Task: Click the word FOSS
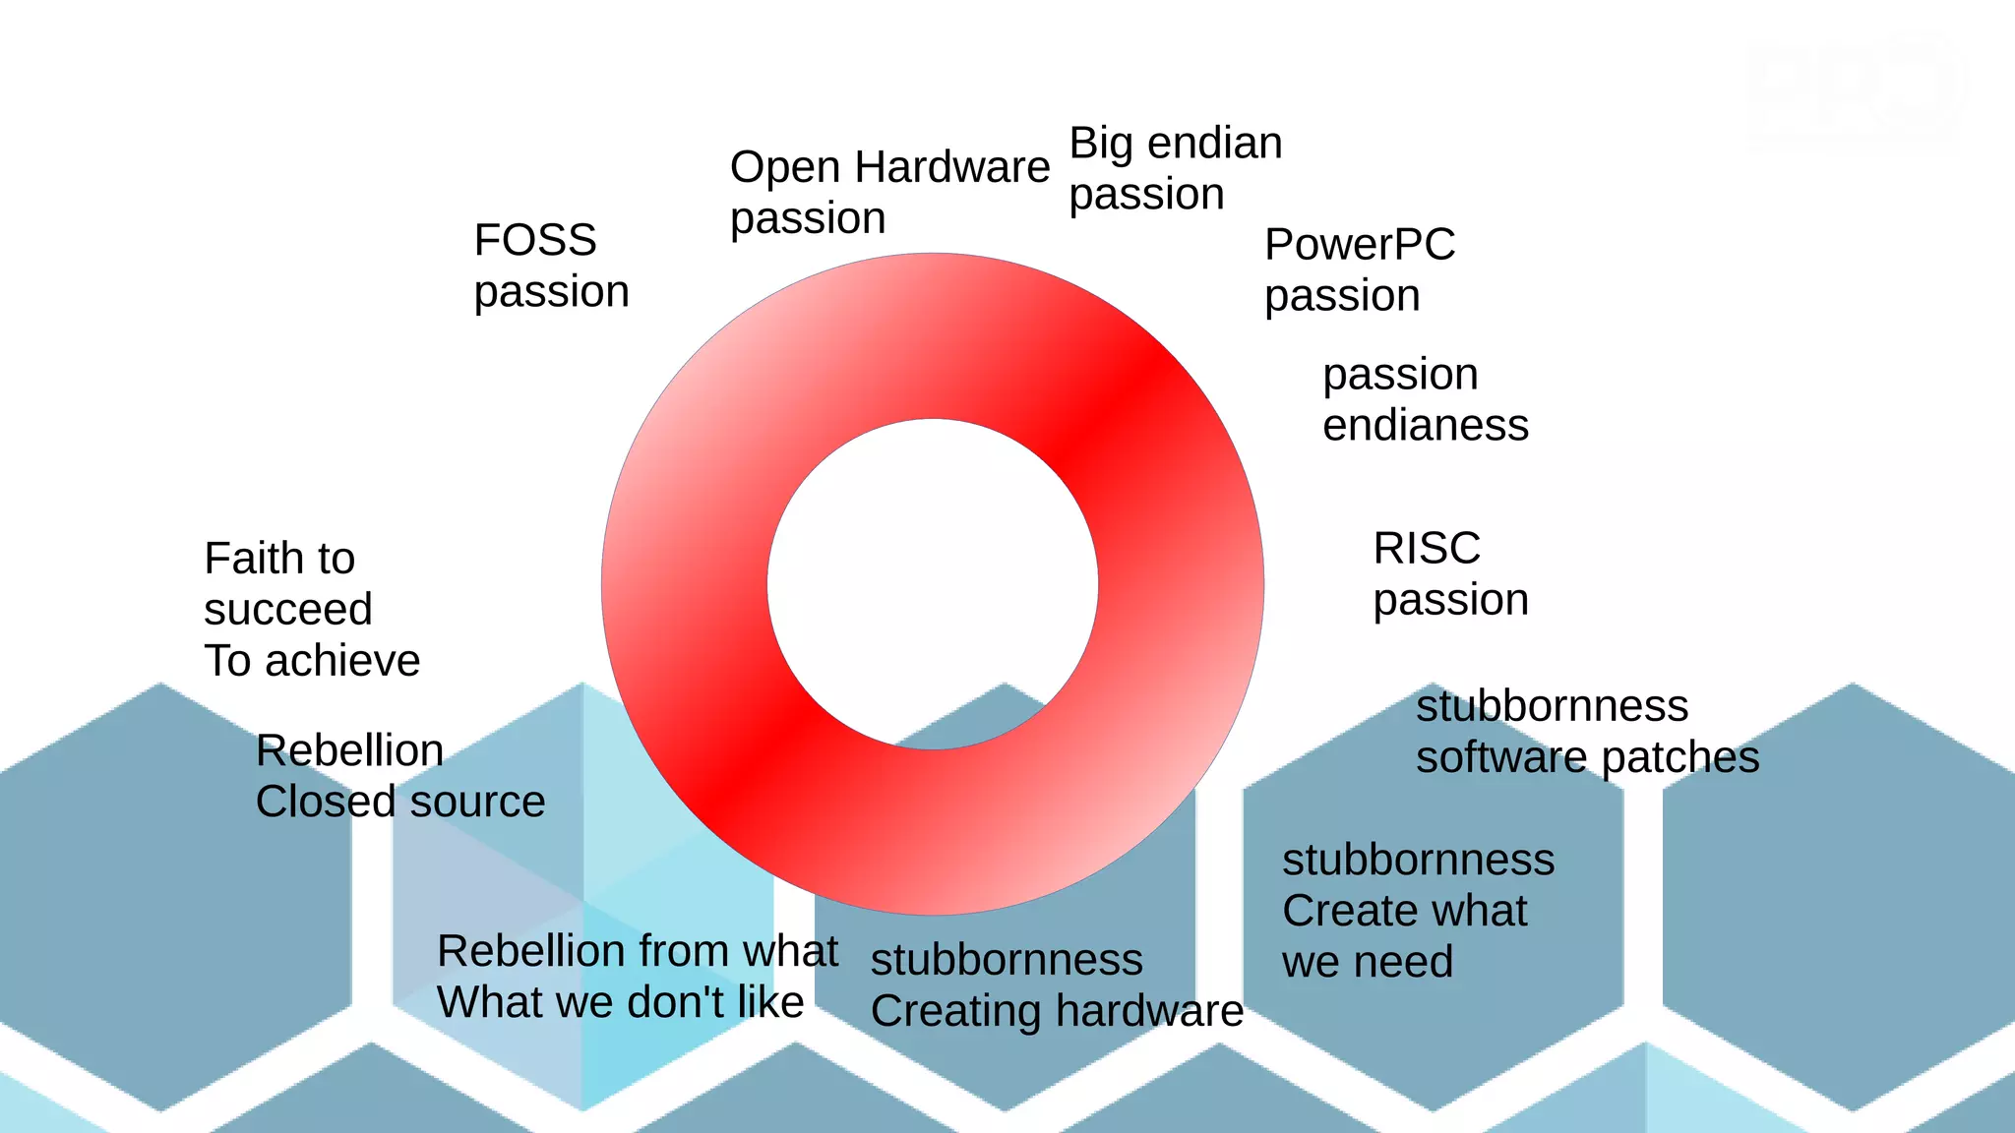click(535, 240)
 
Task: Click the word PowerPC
click(1360, 245)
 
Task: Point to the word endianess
click(1426, 426)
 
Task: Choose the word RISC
click(1427, 549)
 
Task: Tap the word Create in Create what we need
click(1343, 911)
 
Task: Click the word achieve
click(343, 661)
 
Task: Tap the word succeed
click(288, 610)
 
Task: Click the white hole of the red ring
click(933, 584)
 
